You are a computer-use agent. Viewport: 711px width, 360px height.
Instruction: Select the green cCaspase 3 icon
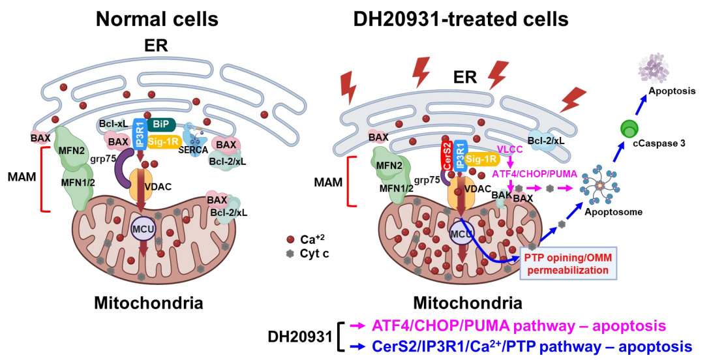[630, 128]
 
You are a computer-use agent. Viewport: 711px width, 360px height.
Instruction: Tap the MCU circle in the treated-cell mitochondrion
[461, 233]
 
